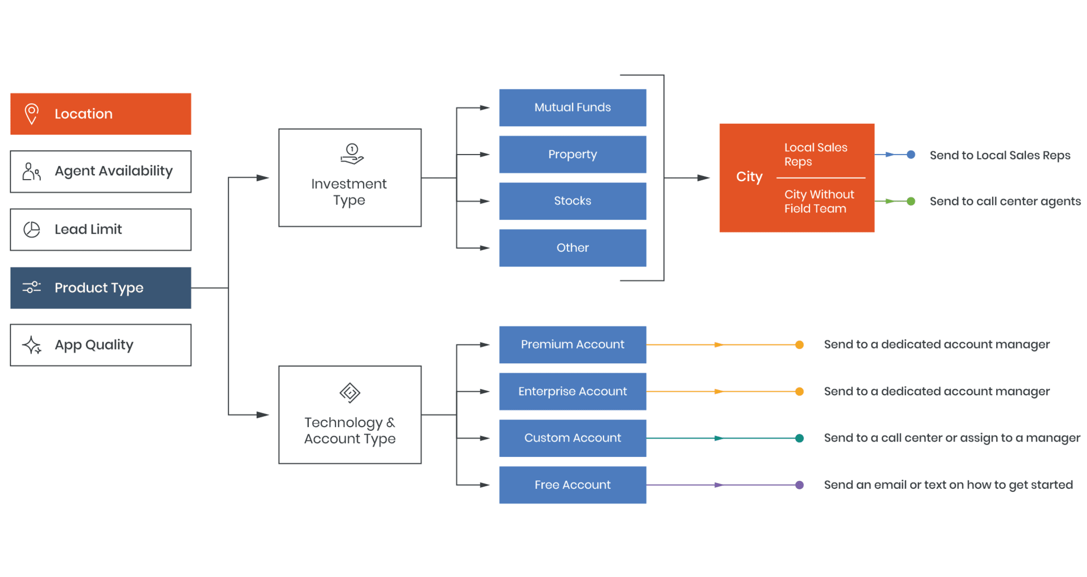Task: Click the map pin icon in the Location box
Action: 32,114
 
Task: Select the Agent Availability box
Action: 101,172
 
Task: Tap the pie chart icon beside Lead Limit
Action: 32,230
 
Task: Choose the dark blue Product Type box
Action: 101,288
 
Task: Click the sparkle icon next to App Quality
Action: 32,345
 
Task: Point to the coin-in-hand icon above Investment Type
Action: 351,154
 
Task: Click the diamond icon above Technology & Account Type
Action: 350,393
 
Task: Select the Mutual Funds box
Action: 572,108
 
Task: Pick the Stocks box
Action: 572,201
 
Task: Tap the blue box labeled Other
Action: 572,248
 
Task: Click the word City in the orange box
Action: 749,177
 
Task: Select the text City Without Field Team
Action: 819,202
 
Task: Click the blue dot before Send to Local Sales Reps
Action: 911,155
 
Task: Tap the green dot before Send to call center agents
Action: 911,201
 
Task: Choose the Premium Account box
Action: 572,345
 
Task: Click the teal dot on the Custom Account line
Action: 799,438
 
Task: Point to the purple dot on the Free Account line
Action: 799,485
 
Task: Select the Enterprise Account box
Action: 572,392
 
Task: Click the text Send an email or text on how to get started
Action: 948,485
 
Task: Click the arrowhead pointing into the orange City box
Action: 703,178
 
